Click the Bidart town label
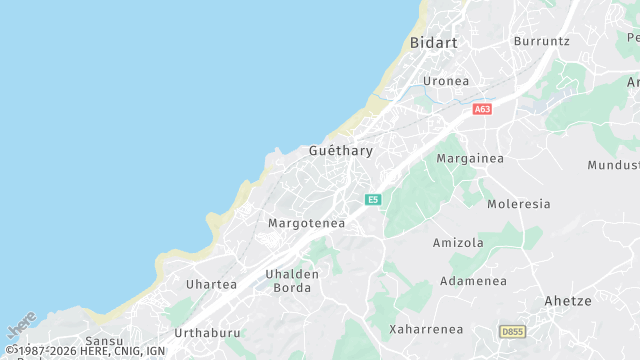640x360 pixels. click(x=433, y=43)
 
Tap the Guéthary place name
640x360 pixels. click(x=340, y=151)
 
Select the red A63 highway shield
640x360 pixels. click(x=483, y=109)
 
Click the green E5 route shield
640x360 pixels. click(x=373, y=200)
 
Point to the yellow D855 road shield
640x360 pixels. click(x=512, y=331)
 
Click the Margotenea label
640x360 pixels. click(x=306, y=224)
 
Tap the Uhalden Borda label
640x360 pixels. click(x=292, y=281)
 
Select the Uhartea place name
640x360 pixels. click(x=211, y=285)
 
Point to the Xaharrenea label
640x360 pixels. click(x=426, y=329)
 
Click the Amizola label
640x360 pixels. click(x=458, y=243)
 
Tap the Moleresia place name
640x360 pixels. click(x=518, y=204)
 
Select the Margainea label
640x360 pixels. click(x=470, y=158)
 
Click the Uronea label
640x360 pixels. click(x=446, y=81)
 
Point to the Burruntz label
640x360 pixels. click(x=541, y=41)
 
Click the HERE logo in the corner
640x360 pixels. click(x=21, y=327)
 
